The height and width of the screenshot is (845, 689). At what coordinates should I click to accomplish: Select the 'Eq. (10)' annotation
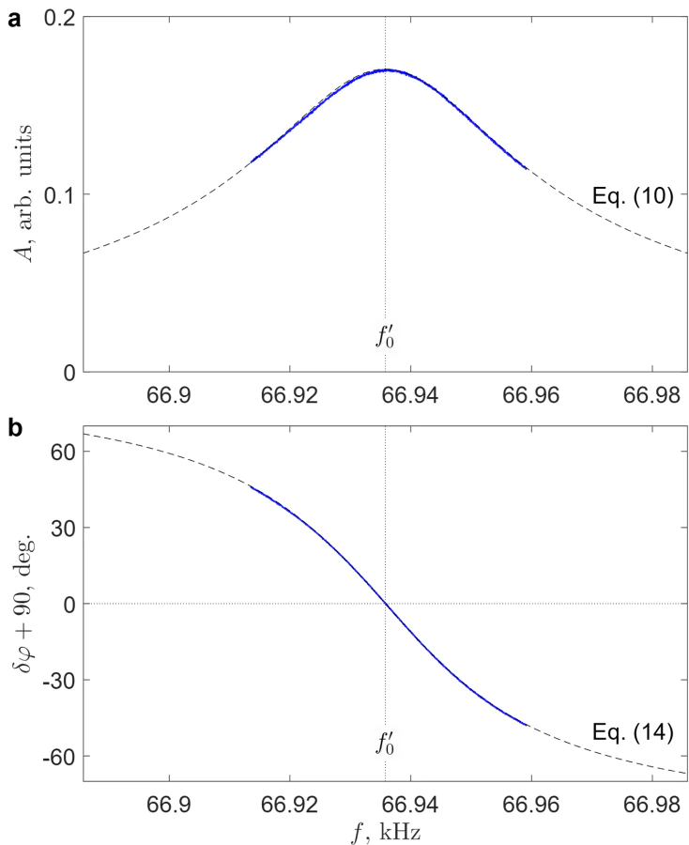click(x=632, y=197)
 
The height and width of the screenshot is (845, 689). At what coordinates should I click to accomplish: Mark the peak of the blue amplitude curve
click(x=386, y=69)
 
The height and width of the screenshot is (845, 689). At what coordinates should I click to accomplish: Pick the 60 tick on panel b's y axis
click(x=63, y=452)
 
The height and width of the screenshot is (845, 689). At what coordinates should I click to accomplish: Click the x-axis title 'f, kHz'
click(x=386, y=829)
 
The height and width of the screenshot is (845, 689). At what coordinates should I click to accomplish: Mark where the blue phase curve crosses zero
click(x=386, y=604)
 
